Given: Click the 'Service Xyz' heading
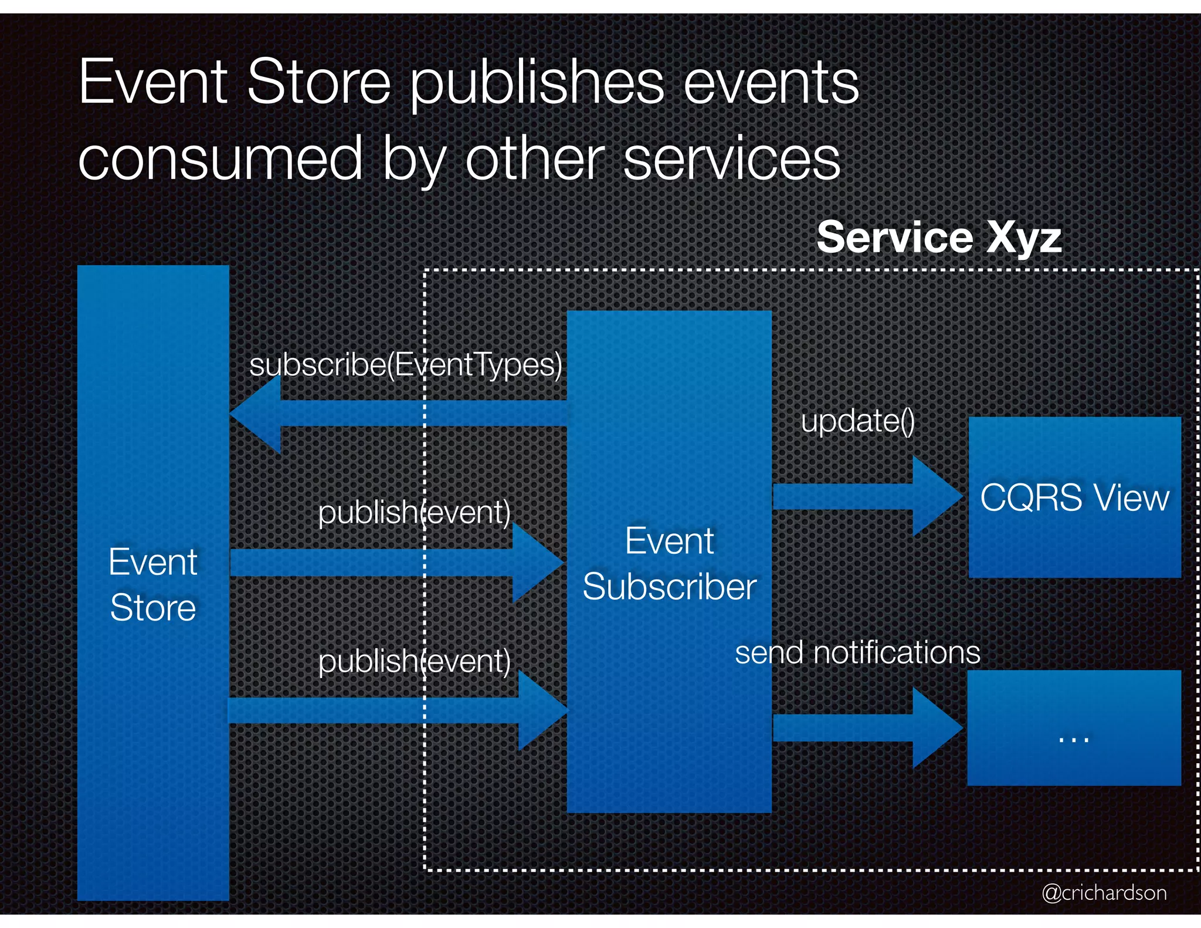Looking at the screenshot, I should tap(939, 238).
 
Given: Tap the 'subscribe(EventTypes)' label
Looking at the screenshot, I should tap(406, 365).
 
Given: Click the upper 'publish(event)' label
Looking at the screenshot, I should tap(414, 512).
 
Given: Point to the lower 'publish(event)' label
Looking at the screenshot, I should tap(414, 661).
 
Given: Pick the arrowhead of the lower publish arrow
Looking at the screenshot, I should tap(541, 710).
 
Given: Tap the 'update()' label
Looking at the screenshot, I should tap(857, 421).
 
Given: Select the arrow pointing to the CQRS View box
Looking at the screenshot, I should tap(868, 496).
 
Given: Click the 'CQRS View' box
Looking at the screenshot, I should tap(1074, 497).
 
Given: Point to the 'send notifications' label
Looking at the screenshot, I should tap(857, 652).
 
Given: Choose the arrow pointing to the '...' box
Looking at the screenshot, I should tap(868, 728).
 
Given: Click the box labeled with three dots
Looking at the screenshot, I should tap(1074, 728).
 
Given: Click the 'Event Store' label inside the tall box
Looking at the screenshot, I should tap(153, 584).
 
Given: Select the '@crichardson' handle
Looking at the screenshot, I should tap(1104, 893).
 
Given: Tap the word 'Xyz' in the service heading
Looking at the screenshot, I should tap(1024, 238).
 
